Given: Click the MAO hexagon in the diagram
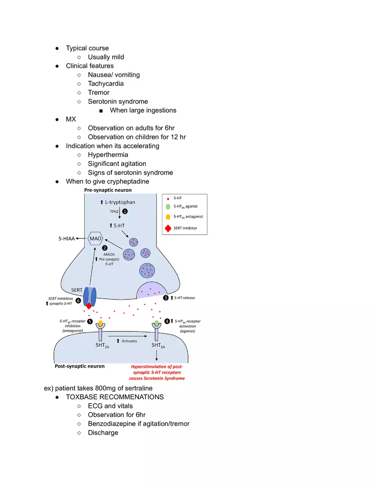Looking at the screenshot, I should tap(95, 239).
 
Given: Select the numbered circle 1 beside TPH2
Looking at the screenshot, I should tap(125, 211).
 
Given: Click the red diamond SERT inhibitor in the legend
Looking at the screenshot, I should tap(167, 228).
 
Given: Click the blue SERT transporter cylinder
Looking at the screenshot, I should tap(90, 294).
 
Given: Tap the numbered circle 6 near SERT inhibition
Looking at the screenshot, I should tap(79, 300).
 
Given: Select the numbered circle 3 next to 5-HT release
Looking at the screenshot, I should tap(165, 297).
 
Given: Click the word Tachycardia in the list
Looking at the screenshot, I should tap(106, 84).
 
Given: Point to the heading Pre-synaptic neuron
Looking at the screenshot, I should tap(108, 190).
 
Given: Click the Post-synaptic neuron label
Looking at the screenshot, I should tap(80, 366).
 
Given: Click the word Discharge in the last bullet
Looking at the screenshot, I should tap(103, 433).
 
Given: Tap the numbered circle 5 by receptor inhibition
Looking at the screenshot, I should tap(90, 321).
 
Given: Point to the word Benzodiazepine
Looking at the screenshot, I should tap(113, 424).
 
